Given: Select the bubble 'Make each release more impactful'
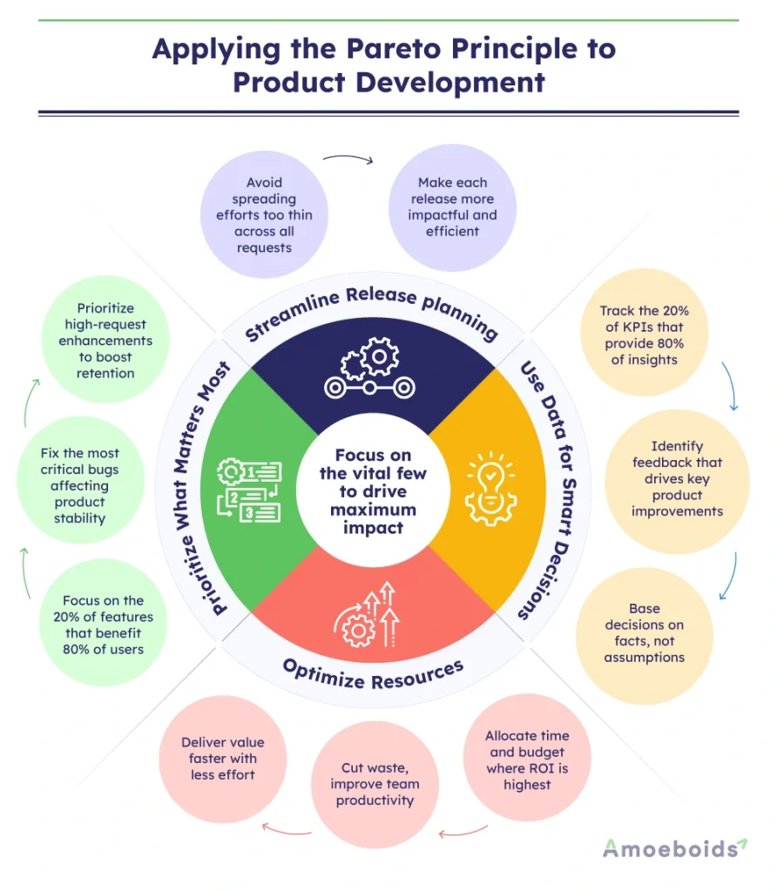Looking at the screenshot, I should [453, 207].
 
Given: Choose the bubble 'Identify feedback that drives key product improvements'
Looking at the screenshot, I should [677, 478].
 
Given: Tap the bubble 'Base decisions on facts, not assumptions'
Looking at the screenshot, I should [645, 632].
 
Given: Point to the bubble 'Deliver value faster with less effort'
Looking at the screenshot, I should [222, 758].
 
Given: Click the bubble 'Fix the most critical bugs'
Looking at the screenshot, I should [79, 485].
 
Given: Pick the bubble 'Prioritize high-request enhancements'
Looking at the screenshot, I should [105, 340].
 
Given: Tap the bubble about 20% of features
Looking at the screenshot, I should [102, 624].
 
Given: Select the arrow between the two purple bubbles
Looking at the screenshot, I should [347, 159].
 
